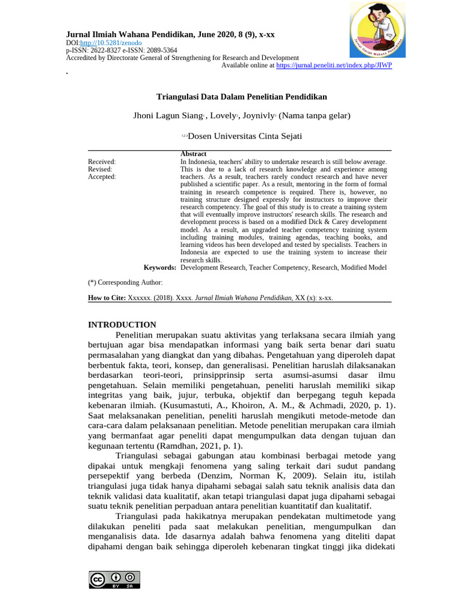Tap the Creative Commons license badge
pos(114,579)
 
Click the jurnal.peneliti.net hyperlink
pos(334,65)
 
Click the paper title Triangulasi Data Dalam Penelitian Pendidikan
pos(242,96)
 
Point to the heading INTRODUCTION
pos(122,324)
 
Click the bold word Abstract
pos(193,154)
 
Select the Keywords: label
pos(160,267)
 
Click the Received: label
pos(102,162)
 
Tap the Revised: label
pos(100,169)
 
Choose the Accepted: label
pos(102,177)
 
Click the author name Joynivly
pos(257,115)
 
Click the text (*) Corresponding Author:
pos(125,282)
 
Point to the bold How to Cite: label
pos(107,297)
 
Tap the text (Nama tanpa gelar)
pos(315,115)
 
